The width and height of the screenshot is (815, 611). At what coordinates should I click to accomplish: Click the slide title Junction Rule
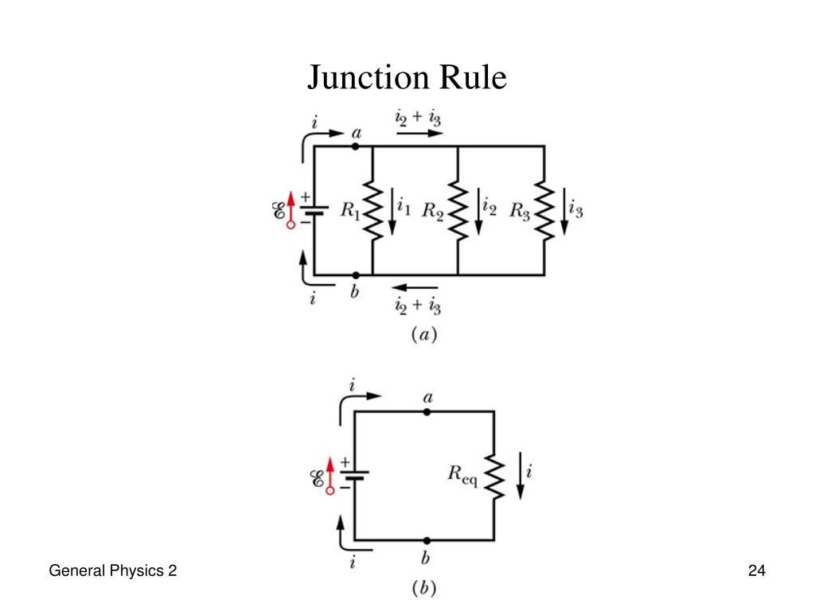click(407, 78)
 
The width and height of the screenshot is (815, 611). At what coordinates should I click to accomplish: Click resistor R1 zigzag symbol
click(372, 210)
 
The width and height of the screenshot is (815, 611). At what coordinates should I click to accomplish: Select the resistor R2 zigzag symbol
click(458, 210)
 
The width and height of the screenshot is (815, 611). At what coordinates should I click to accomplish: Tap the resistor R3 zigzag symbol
click(544, 210)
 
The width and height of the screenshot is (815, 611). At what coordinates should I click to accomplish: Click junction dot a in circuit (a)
click(355, 146)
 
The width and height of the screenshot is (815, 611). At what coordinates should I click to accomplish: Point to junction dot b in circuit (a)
click(355, 275)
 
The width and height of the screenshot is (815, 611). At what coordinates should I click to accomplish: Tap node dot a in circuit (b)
click(427, 412)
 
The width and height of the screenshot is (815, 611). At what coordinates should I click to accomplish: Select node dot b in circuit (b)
click(427, 540)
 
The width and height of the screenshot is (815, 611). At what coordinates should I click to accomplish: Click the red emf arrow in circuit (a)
click(291, 209)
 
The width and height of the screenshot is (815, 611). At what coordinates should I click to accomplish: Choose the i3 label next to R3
click(576, 210)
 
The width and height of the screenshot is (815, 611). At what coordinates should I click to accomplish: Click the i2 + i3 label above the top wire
click(419, 118)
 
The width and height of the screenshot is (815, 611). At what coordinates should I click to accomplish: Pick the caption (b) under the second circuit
click(423, 590)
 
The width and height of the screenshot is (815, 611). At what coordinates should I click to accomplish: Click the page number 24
click(756, 570)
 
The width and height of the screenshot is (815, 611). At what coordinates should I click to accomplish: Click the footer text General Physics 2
click(112, 570)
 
